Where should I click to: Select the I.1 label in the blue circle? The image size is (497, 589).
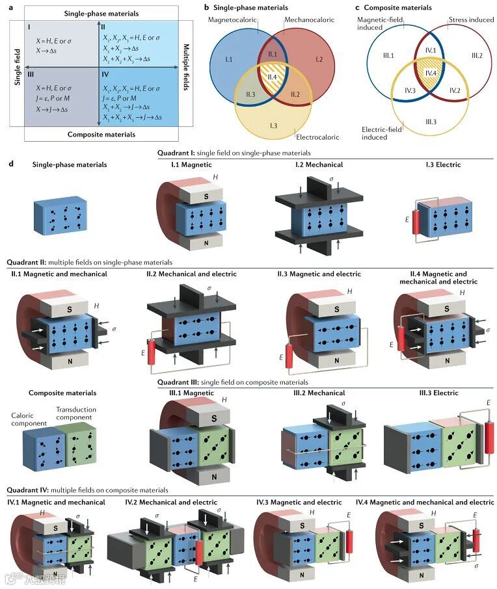point(228,59)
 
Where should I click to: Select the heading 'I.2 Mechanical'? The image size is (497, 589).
point(319,164)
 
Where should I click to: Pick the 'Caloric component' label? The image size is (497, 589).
point(29,419)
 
